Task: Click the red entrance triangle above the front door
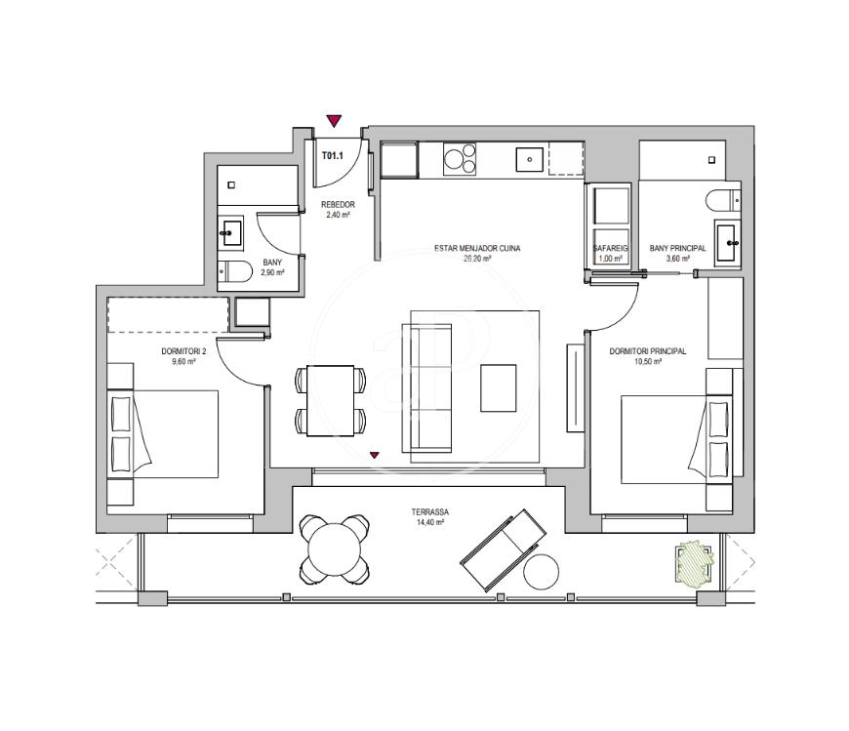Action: [334, 121]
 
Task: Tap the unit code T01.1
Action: [333, 156]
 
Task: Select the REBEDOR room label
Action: [338, 205]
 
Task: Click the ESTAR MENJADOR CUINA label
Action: [477, 249]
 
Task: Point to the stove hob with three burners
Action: [460, 159]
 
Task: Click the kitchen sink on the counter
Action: [530, 159]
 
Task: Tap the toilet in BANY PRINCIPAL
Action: [723, 200]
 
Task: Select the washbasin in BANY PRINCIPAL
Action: [728, 242]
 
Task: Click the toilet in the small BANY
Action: [235, 271]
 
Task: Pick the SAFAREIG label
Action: [610, 249]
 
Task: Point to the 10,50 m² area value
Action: [648, 362]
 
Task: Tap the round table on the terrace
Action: [334, 549]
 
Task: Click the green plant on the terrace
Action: [694, 563]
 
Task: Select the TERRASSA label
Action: [430, 512]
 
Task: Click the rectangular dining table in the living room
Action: [330, 401]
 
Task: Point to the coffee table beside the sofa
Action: [498, 388]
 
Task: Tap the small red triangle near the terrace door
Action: [374, 456]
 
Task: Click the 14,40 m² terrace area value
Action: [430, 522]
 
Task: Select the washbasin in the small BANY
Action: [230, 233]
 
